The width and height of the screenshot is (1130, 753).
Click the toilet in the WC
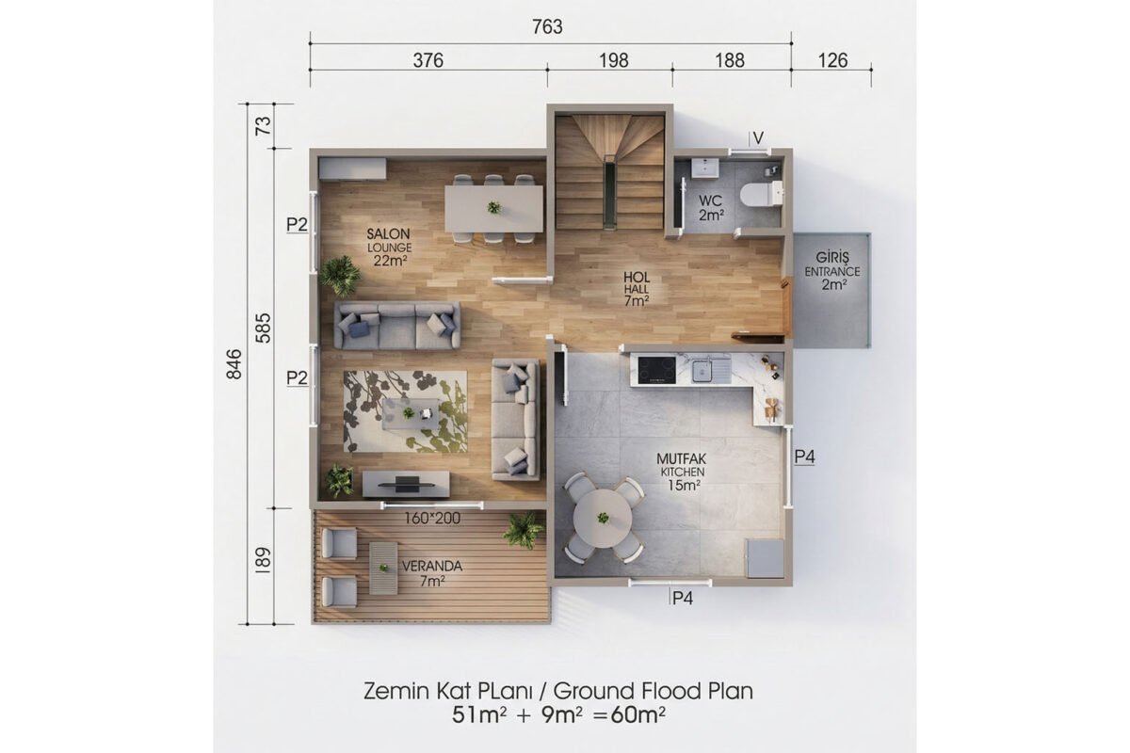(761, 194)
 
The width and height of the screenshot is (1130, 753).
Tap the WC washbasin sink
(705, 168)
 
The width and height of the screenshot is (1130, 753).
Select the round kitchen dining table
(603, 518)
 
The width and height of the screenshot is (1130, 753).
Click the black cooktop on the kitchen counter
(657, 370)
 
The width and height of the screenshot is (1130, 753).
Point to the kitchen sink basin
(702, 371)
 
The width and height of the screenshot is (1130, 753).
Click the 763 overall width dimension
(547, 26)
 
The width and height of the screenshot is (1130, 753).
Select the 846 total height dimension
(234, 363)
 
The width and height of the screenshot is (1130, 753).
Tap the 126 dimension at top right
(832, 60)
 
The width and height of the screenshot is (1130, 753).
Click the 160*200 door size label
(432, 518)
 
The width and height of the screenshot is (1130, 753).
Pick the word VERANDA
(432, 566)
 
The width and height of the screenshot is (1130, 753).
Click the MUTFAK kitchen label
(681, 459)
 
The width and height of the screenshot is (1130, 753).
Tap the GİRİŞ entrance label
(832, 257)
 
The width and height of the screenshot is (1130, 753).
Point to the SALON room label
(388, 234)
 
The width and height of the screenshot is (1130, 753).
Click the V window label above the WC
(758, 137)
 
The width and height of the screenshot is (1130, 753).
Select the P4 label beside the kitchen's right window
(804, 457)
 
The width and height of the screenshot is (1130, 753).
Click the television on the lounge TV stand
(407, 484)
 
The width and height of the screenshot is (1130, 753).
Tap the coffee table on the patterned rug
(411, 413)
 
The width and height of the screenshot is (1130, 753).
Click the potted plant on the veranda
(524, 531)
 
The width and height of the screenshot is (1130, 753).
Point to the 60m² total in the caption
(638, 714)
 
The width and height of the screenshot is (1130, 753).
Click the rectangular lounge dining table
(493, 208)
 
